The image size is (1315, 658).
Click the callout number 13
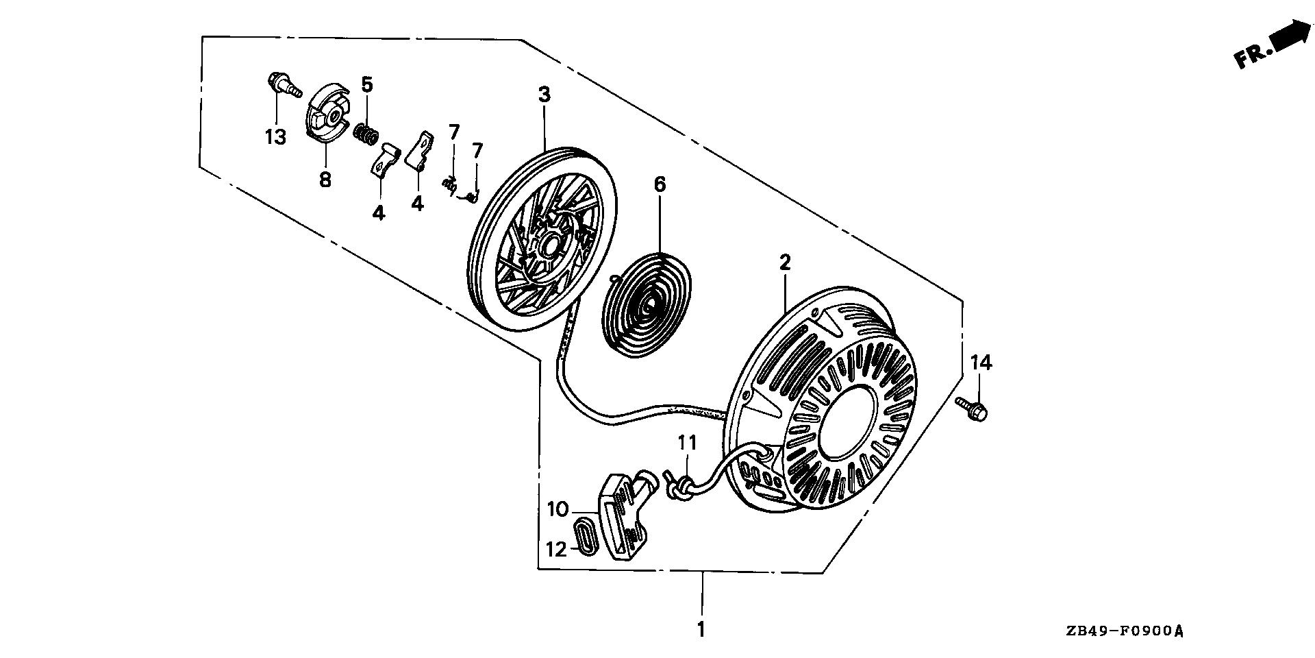coord(275,137)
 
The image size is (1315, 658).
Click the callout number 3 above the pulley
coord(544,95)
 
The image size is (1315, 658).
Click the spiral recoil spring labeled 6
coord(646,302)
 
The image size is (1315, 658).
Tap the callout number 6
coord(660,184)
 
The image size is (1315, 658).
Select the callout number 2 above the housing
coord(785,262)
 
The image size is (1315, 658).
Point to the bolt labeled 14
coord(973,409)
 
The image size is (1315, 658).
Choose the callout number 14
coord(981,363)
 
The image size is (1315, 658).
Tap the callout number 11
coord(687,442)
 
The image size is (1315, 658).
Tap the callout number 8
coord(325,180)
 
